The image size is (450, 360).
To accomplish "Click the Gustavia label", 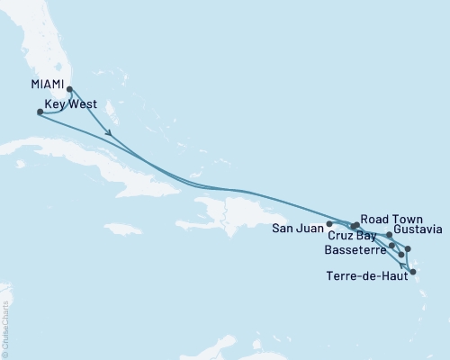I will click(x=418, y=231).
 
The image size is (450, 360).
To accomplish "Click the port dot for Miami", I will click(x=69, y=89).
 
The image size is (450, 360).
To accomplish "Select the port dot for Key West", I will click(x=39, y=112).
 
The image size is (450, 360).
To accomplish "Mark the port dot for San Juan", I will click(x=330, y=223).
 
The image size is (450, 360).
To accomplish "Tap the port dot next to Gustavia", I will click(x=389, y=235).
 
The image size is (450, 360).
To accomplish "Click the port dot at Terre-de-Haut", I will click(x=413, y=271).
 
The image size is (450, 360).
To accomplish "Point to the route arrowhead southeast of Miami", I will click(x=109, y=135).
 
